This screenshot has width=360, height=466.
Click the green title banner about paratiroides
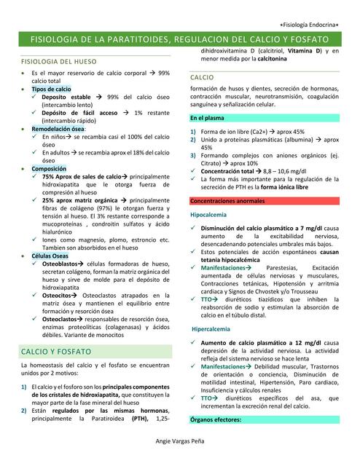(x=179, y=39)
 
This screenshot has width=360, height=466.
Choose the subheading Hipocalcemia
(x=208, y=215)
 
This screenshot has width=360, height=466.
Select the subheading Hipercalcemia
(x=211, y=329)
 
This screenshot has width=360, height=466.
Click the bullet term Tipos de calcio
(x=51, y=88)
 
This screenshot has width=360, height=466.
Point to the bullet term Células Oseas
(x=50, y=256)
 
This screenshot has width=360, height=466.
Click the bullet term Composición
(x=49, y=168)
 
